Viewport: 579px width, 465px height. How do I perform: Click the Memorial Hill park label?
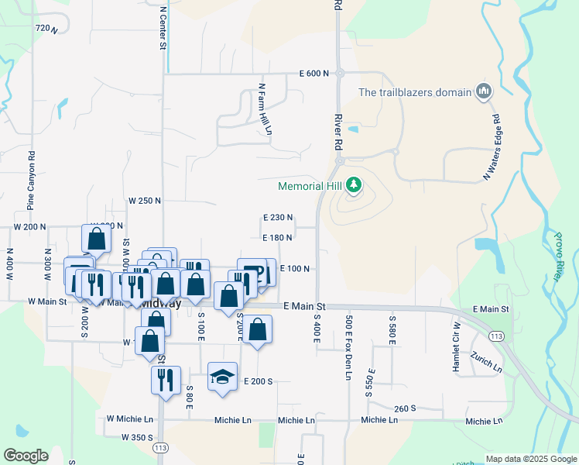(x=311, y=186)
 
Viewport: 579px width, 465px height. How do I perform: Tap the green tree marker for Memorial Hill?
(x=354, y=185)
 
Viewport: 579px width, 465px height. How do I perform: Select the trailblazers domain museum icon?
(x=485, y=91)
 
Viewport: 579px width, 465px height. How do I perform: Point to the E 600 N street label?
(x=315, y=74)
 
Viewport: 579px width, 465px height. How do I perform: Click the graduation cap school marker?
(x=222, y=377)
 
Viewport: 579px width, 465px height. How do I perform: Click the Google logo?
(x=26, y=456)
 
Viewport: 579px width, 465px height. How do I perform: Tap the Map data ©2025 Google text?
(x=530, y=459)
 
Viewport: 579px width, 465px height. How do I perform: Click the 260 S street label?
(x=405, y=408)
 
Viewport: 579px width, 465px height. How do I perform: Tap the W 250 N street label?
(x=145, y=200)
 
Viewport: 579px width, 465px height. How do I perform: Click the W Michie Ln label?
(x=130, y=418)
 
